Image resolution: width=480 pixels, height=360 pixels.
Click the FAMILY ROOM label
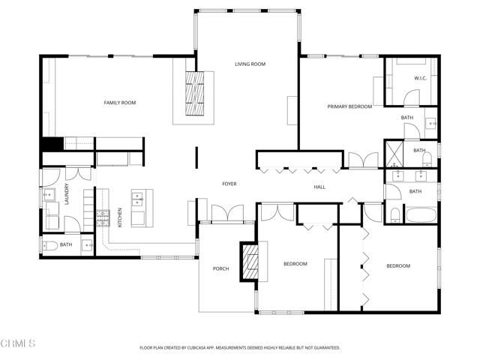[x=118, y=103]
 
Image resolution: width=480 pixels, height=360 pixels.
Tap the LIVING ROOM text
[x=250, y=64]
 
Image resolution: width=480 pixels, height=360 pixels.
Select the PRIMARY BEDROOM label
[x=349, y=106]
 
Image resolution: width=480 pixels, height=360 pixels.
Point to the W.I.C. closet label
[x=420, y=79]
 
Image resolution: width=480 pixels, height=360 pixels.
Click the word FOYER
[x=229, y=184]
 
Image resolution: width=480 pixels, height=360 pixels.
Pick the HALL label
[x=319, y=187]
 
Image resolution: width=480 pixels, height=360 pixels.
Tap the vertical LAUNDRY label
[x=67, y=193]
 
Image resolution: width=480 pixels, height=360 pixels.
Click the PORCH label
[x=220, y=268]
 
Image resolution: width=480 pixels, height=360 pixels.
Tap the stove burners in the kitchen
[x=103, y=217]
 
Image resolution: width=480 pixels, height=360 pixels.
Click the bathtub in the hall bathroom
[x=419, y=214]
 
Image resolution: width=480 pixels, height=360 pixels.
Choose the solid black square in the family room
[x=51, y=145]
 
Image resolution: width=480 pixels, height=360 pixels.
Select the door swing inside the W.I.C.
[x=409, y=98]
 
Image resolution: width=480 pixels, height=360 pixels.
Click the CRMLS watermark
[x=19, y=343]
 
